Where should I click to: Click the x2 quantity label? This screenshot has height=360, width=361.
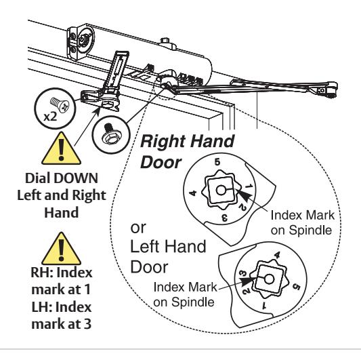pyautogui.click(x=50, y=117)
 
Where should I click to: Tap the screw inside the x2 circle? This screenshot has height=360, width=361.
pyautogui.click(x=60, y=105)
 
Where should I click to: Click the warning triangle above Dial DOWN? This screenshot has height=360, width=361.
pyautogui.click(x=61, y=148)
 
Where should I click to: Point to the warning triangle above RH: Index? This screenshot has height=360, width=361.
pyautogui.click(x=61, y=248)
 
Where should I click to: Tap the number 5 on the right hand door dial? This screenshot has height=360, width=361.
pyautogui.click(x=217, y=162)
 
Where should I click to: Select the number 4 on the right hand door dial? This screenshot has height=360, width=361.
pyautogui.click(x=193, y=193)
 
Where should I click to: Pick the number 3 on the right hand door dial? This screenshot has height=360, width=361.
pyautogui.click(x=224, y=218)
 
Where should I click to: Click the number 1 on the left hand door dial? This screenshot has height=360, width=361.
pyautogui.click(x=264, y=306)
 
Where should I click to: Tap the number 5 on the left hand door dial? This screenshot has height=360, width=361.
pyautogui.click(x=297, y=287)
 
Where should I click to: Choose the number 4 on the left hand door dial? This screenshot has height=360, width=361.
pyautogui.click(x=277, y=256)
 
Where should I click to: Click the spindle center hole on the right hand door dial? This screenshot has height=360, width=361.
pyautogui.click(x=221, y=191)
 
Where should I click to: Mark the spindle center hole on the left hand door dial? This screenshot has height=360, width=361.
pyautogui.click(x=269, y=279)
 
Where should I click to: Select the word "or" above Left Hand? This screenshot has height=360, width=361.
pyautogui.click(x=138, y=228)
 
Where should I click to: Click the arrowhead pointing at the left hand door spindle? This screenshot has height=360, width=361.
pyautogui.click(x=248, y=281)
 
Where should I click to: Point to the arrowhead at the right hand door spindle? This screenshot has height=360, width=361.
pyautogui.click(x=243, y=195)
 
